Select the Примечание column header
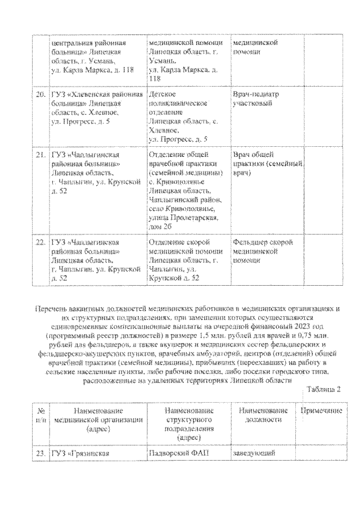click(321, 411)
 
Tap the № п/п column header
click(40, 416)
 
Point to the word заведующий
click(254, 454)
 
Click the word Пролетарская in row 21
click(193, 217)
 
